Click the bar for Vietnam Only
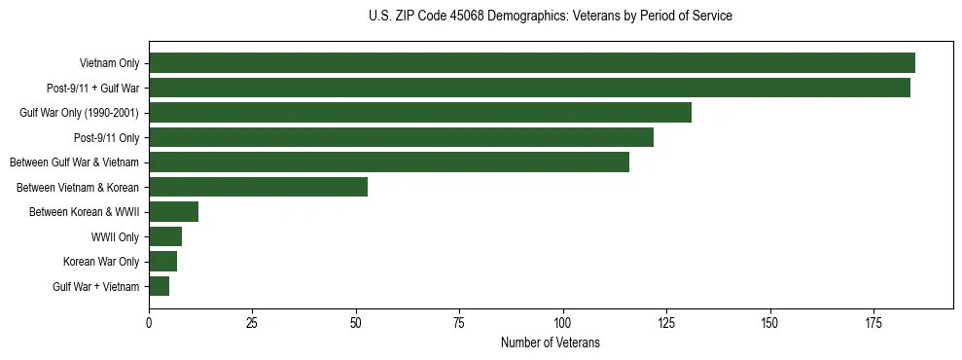pyautogui.click(x=532, y=63)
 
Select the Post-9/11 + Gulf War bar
pyautogui.click(x=529, y=88)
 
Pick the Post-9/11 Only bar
pyautogui.click(x=401, y=137)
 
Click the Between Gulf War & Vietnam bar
pyautogui.click(x=389, y=162)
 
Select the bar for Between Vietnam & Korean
pyautogui.click(x=258, y=187)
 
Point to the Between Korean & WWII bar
pyautogui.click(x=173, y=212)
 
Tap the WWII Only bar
pyautogui.click(x=165, y=236)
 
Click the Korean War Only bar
pyautogui.click(x=162, y=262)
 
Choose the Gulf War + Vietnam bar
pyautogui.click(x=159, y=286)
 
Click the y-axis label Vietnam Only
pyautogui.click(x=109, y=63)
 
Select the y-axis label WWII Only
pyautogui.click(x=115, y=236)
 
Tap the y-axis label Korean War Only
pyautogui.click(x=101, y=262)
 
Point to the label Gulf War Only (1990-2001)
pyautogui.click(x=79, y=113)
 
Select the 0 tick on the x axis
pyautogui.click(x=149, y=322)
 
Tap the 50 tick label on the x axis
pyautogui.click(x=356, y=322)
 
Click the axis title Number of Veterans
pyautogui.click(x=550, y=342)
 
